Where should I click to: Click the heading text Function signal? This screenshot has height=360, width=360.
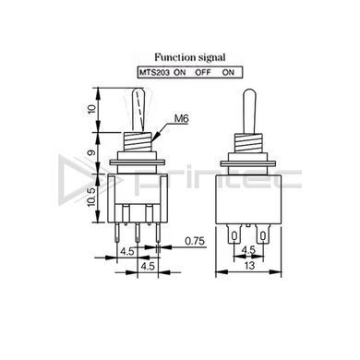(x=190, y=57)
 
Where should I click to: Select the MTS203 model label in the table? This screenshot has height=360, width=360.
(x=154, y=73)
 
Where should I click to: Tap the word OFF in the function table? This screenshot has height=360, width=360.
(x=203, y=73)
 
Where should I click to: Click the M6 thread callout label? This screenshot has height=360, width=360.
(x=182, y=118)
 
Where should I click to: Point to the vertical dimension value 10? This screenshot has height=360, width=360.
(x=92, y=110)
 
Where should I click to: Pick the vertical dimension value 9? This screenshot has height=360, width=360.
(x=92, y=152)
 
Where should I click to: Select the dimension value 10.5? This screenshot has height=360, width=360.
(x=92, y=198)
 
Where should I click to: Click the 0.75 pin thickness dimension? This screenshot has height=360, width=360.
(x=195, y=241)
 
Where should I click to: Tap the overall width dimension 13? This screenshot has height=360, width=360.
(x=249, y=265)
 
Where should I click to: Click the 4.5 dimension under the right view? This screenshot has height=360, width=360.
(x=248, y=250)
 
